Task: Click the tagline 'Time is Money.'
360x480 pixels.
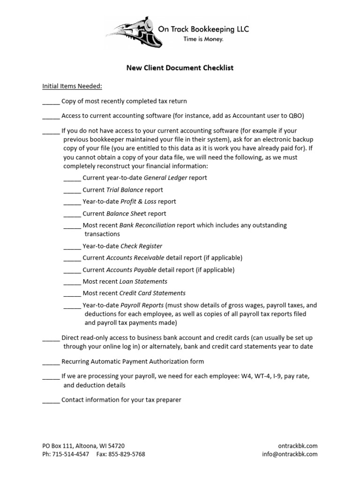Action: click(x=203, y=39)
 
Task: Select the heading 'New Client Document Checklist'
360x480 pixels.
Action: click(x=180, y=68)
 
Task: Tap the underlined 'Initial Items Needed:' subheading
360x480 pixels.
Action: click(x=72, y=86)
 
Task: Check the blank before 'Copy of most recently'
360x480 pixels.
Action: click(x=51, y=101)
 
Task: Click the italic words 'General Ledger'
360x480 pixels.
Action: click(x=165, y=178)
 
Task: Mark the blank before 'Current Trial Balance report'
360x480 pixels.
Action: click(x=72, y=190)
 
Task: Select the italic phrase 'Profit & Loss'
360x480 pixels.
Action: click(x=138, y=202)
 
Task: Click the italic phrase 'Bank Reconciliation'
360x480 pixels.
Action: click(x=147, y=225)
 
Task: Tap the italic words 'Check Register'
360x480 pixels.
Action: click(x=141, y=246)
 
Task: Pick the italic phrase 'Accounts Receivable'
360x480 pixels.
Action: click(x=135, y=258)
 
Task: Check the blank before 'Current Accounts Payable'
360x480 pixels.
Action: click(x=72, y=270)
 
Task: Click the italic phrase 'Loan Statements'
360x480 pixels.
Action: click(x=143, y=282)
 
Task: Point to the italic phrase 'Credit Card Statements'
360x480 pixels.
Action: click(x=152, y=293)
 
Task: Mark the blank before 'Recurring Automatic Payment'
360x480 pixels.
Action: click(x=51, y=362)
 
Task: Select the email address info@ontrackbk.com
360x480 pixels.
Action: click(x=290, y=454)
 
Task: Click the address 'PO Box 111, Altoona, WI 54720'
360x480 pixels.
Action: click(x=83, y=446)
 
